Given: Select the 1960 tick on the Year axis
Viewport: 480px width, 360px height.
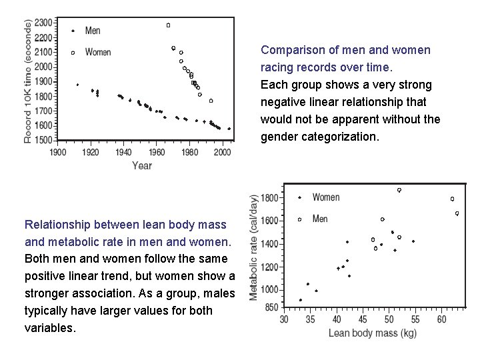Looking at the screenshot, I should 157,152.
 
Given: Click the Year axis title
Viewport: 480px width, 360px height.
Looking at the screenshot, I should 141,165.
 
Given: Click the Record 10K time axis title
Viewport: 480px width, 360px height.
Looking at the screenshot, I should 27,80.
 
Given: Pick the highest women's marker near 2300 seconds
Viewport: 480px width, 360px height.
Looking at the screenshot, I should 168,25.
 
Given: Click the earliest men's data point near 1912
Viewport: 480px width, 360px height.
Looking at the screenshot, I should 77,85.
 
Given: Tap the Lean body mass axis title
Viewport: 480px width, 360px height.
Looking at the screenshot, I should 372,333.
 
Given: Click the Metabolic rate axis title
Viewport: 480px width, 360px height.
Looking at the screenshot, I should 254,247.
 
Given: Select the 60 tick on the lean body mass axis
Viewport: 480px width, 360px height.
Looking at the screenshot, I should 441,320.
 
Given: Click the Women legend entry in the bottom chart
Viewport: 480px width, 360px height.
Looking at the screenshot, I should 325,197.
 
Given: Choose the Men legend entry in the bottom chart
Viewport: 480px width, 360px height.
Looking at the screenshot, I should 320,219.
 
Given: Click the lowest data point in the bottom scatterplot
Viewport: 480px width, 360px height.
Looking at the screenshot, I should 300,300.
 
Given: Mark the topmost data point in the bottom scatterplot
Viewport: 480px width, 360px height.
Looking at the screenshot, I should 399,190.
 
